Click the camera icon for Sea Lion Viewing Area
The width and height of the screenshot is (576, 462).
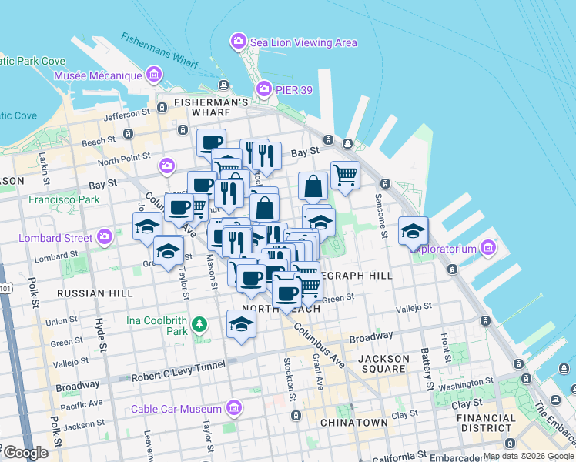pyautogui.click(x=238, y=40)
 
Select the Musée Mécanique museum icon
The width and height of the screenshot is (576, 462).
pyautogui.click(x=154, y=75)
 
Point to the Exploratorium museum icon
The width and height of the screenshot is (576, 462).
pyautogui.click(x=487, y=248)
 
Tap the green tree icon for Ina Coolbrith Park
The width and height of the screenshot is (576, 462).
pyautogui.click(x=200, y=324)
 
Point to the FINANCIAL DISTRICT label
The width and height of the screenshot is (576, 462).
pyautogui.click(x=485, y=423)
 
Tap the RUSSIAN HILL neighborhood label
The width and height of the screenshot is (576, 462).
pyautogui.click(x=94, y=293)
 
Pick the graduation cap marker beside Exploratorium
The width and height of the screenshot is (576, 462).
pyautogui.click(x=413, y=230)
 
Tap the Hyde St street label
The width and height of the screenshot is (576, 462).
pyautogui.click(x=99, y=333)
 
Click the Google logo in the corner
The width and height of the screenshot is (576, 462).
pyautogui.click(x=25, y=453)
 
